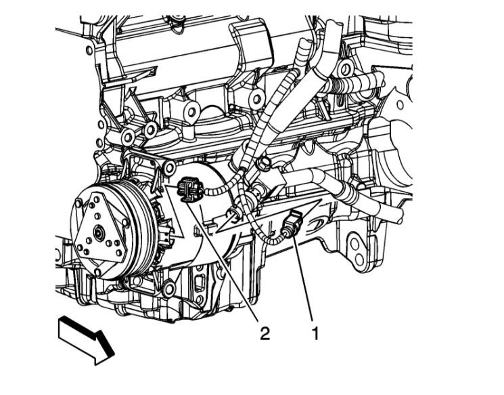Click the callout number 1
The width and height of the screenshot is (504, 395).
(315, 333)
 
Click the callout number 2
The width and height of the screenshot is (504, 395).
(265, 333)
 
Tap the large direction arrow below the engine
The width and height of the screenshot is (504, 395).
(86, 341)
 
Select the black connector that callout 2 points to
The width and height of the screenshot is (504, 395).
(189, 190)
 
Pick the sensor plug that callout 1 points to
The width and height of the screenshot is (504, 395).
(290, 222)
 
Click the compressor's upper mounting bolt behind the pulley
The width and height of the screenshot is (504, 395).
(169, 167)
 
